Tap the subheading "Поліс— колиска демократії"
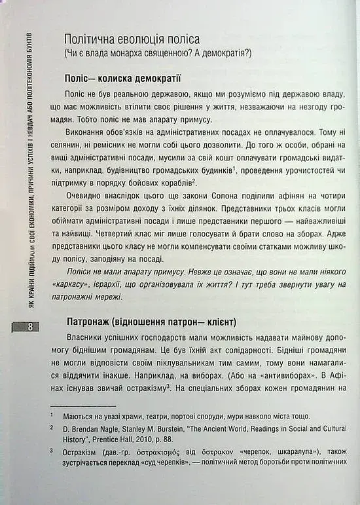point(122,79)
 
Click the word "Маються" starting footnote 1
point(77,417)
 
